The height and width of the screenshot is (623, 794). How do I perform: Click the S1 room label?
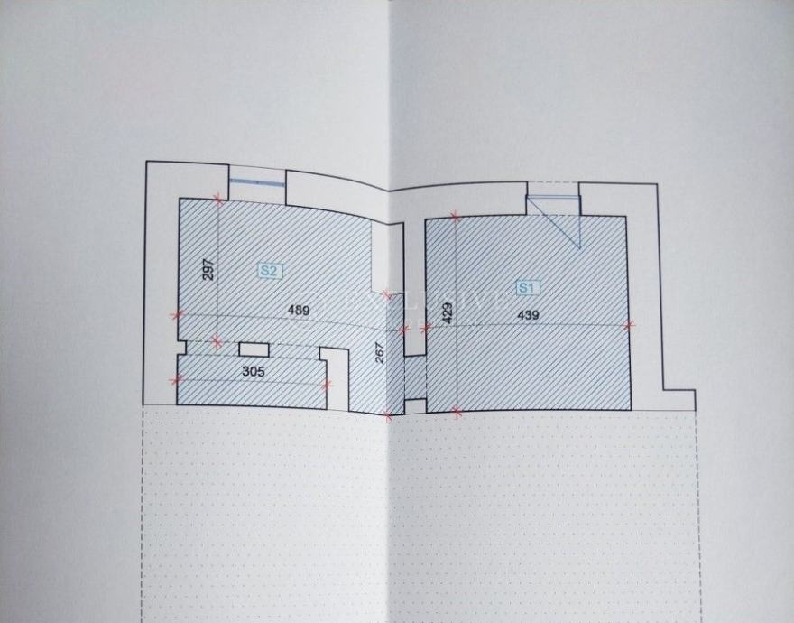tap(527, 288)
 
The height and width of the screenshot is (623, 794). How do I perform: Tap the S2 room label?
tap(268, 270)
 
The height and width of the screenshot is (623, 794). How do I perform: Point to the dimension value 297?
tap(208, 269)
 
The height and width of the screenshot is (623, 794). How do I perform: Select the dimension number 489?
tap(299, 311)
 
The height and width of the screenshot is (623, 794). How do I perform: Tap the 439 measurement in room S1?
tap(529, 314)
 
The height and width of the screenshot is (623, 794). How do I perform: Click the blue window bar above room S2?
tap(257, 182)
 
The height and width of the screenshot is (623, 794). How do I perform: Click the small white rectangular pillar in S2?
tap(253, 349)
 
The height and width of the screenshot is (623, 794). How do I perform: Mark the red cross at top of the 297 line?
tap(217, 200)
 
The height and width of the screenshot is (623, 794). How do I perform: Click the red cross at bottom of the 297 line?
tap(216, 341)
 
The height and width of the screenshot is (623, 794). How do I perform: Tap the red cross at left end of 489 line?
tap(178, 315)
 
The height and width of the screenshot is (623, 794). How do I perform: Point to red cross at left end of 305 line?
tap(177, 379)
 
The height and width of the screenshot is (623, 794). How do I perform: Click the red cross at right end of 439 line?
tap(630, 324)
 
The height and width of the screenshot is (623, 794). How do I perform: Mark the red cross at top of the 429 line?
tap(456, 217)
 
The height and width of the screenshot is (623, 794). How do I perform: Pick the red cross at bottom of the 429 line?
tap(457, 414)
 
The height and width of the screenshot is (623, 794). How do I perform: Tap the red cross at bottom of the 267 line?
tap(388, 415)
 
